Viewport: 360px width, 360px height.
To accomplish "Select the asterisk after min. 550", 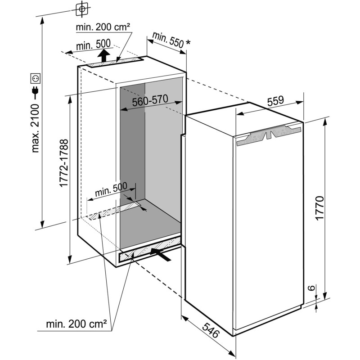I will pyautogui.click(x=188, y=42).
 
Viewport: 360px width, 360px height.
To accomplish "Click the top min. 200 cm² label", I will pyautogui.click(x=103, y=27).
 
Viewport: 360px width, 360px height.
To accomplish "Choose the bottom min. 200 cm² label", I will pyautogui.click(x=76, y=323).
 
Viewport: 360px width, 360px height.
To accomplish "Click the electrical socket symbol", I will pyautogui.click(x=35, y=78).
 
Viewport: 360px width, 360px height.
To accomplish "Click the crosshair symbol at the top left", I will pyautogui.click(x=81, y=9).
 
